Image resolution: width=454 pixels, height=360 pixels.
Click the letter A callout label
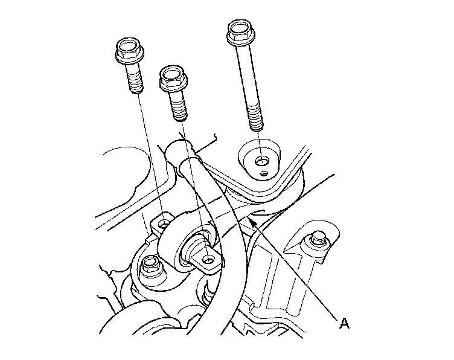(x=344, y=323)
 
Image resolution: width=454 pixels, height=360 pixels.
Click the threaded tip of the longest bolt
(x=256, y=121)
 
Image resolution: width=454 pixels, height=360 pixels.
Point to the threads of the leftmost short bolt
(x=135, y=82)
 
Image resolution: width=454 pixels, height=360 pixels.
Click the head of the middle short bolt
(x=173, y=78)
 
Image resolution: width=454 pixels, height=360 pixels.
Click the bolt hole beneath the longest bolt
(x=262, y=161)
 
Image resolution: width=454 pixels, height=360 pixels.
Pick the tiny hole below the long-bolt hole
(x=264, y=173)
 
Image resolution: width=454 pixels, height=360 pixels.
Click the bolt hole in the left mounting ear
(x=164, y=225)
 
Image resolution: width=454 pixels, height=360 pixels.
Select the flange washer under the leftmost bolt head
(x=130, y=59)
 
